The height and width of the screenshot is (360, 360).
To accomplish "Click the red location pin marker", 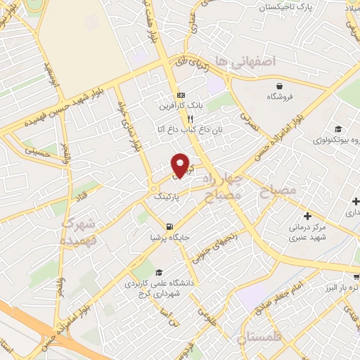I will pyautogui.click(x=181, y=165).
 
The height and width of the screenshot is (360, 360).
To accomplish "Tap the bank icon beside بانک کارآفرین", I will pyautogui.click(x=181, y=96).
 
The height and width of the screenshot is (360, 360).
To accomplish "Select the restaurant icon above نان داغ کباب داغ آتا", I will pyautogui.click(x=181, y=119).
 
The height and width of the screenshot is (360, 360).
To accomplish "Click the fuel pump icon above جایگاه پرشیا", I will pyautogui.click(x=169, y=226).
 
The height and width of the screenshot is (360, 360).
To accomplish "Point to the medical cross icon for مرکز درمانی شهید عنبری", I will pyautogui.click(x=307, y=215).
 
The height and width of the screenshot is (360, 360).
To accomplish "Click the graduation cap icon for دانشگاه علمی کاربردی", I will pyautogui.click(x=159, y=273).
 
